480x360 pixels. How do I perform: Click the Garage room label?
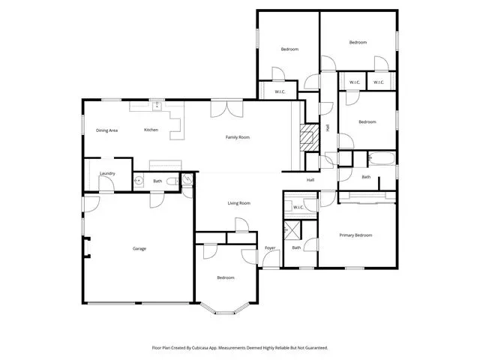(139, 248)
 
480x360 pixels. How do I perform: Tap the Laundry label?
(107, 173)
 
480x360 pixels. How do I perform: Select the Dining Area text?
(106, 130)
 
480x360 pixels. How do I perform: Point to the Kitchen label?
(151, 130)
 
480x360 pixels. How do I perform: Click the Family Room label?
(238, 137)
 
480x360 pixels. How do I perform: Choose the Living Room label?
(239, 203)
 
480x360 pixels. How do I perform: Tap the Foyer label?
(270, 248)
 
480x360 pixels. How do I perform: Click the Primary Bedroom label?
(355, 235)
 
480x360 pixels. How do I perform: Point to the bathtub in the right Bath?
(382, 158)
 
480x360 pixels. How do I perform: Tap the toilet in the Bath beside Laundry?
(172, 181)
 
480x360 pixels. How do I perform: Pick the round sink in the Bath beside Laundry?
(139, 181)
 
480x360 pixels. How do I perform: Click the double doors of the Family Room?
(226, 109)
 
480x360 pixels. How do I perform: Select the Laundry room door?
(106, 184)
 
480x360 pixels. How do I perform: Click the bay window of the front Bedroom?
(225, 308)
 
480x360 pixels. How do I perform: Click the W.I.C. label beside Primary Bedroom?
(298, 208)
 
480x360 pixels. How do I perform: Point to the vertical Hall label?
(328, 127)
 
